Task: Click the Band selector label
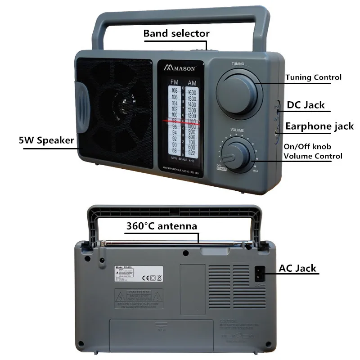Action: [x=176, y=33]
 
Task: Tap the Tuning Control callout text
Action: [x=313, y=77]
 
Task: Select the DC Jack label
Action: [x=306, y=105]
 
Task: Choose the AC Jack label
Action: [x=297, y=269]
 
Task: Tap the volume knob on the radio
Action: [x=237, y=154]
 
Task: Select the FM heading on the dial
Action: [x=174, y=82]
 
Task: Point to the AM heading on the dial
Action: [x=192, y=83]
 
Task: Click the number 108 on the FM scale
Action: [x=173, y=91]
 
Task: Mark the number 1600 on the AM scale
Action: [x=192, y=92]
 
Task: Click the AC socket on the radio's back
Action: [x=259, y=273]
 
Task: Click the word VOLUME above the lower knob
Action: [x=238, y=130]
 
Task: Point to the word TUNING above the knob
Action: [x=238, y=64]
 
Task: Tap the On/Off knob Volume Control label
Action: [x=313, y=152]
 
